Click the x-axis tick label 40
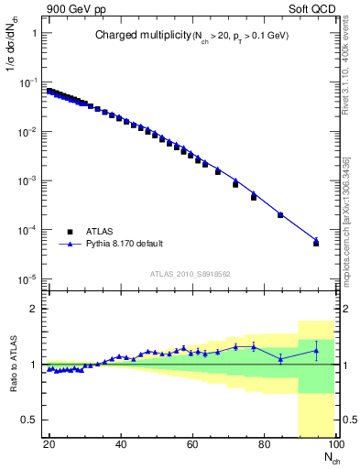[x=121, y=443]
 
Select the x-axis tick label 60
[x=192, y=443]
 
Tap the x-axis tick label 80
[x=264, y=443]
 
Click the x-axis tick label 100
[x=333, y=443]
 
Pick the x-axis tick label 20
[x=49, y=443]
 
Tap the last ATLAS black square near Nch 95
[x=316, y=243]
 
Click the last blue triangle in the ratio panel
[x=316, y=351]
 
